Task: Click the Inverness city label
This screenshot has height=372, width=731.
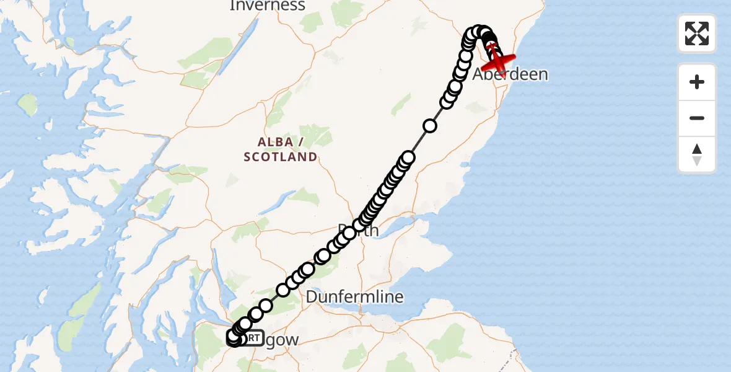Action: tap(267, 6)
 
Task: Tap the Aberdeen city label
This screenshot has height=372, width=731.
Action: tap(510, 75)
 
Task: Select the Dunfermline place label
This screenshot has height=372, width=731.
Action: tap(354, 298)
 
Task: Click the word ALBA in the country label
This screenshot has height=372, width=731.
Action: tap(275, 143)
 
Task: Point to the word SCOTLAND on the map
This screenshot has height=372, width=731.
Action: tap(280, 157)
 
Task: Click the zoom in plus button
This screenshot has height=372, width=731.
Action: tap(697, 82)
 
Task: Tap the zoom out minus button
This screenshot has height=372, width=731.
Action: tap(697, 118)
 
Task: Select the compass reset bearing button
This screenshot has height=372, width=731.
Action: tap(697, 154)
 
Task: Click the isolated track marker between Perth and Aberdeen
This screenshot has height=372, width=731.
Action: tap(429, 126)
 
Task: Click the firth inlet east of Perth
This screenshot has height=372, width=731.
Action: tap(403, 223)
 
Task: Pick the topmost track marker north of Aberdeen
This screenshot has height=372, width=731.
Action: tap(479, 32)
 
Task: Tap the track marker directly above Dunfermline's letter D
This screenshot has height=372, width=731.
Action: tap(308, 269)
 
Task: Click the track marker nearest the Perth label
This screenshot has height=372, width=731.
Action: tap(350, 233)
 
